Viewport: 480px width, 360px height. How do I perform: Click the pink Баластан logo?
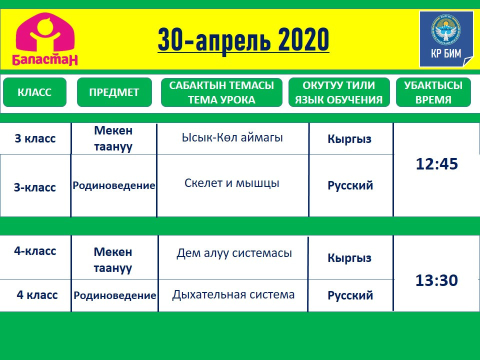45,39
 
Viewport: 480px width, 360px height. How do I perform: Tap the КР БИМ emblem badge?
446,39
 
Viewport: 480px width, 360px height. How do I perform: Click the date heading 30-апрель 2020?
243,40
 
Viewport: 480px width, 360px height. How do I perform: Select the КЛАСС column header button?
34,92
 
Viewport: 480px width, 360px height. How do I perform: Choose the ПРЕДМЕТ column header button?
114,92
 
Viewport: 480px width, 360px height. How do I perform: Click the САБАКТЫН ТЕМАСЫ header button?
221,92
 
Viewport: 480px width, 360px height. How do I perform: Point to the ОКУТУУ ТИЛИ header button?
339,92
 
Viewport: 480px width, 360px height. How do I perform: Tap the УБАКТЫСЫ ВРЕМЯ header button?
433,92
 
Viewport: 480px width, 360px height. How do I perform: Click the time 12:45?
437,164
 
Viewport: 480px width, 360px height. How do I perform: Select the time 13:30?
436,280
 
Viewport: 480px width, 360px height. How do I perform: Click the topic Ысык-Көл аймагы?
232,137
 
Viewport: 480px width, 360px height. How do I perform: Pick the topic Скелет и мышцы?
231,183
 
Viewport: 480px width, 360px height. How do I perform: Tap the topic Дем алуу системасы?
234,253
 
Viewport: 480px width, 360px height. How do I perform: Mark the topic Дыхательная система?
233,294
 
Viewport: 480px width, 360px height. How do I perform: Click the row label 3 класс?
35,138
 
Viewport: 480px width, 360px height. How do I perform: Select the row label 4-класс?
35,251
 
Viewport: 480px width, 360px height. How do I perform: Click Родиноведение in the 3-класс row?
114,185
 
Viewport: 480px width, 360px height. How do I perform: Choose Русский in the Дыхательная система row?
350,295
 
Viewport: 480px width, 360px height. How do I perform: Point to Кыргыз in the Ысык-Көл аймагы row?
349,139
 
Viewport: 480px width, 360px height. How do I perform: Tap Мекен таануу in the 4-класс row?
113,260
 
